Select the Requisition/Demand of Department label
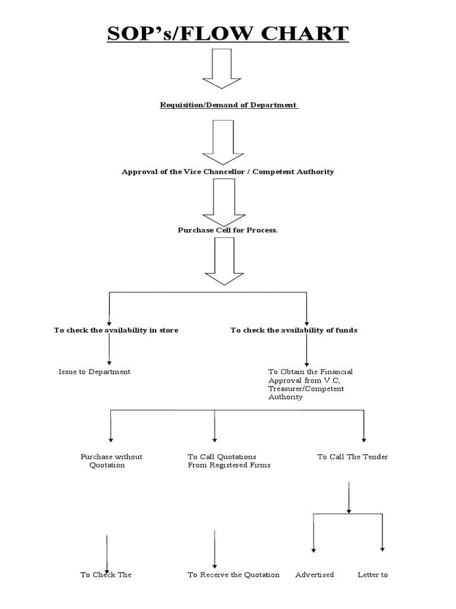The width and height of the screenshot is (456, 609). (229, 105)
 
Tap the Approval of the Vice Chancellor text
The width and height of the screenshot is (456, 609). (227, 172)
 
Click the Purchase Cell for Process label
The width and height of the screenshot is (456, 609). (227, 230)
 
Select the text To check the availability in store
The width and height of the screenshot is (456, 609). (116, 330)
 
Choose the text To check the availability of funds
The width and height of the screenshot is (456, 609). (294, 330)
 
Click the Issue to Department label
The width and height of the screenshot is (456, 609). (94, 372)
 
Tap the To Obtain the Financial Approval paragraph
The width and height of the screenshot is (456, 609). (310, 384)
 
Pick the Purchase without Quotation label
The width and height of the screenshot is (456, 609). (111, 461)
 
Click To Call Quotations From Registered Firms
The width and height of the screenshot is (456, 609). (229, 461)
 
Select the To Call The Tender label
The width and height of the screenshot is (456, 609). (352, 457)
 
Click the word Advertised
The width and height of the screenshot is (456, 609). (315, 575)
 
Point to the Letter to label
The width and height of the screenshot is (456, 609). (372, 575)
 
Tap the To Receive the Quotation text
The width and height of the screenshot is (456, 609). (233, 575)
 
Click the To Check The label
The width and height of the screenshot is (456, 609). (106, 575)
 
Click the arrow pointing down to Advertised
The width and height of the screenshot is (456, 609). (313, 533)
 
